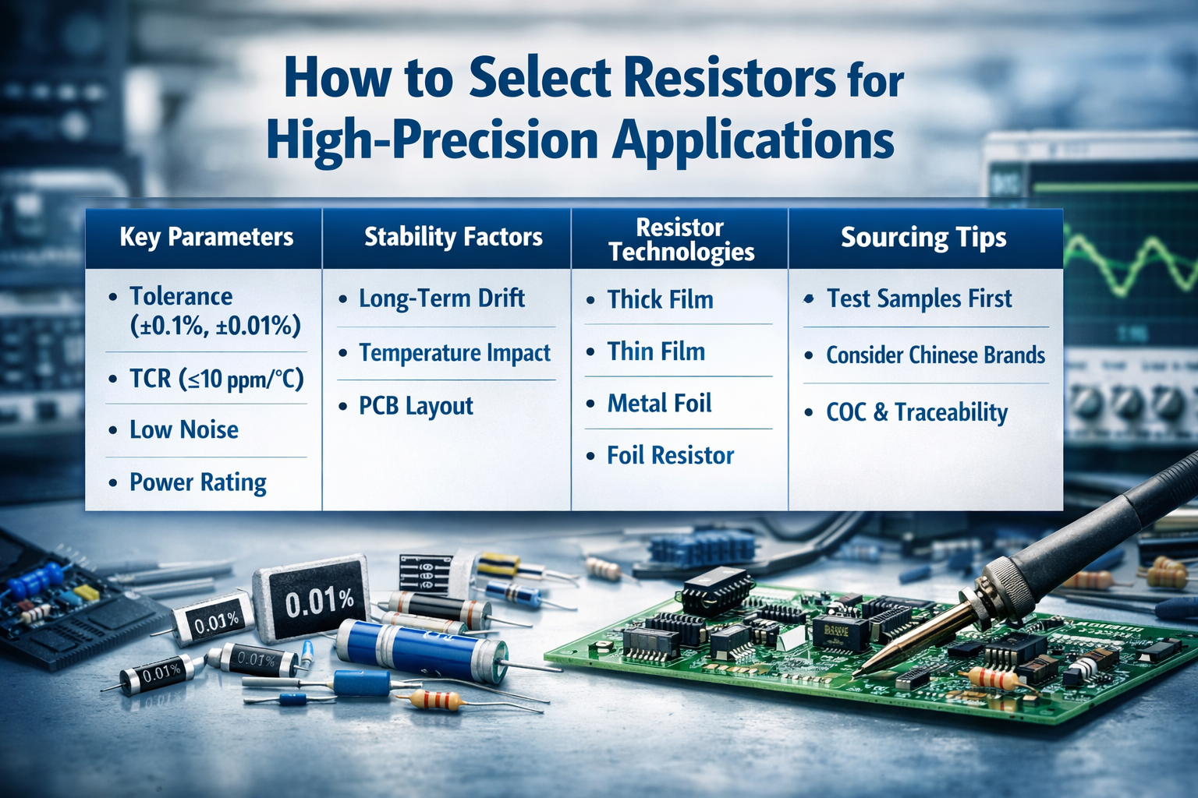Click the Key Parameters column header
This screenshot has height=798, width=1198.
pyautogui.click(x=206, y=237)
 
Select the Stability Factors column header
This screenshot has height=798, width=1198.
pyautogui.click(x=453, y=237)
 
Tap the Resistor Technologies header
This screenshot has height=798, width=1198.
pyautogui.click(x=681, y=239)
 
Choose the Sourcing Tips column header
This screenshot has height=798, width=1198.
pyautogui.click(x=923, y=237)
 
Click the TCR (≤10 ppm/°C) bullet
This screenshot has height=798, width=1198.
pyautogui.click(x=216, y=379)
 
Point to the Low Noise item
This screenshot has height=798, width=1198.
pyautogui.click(x=183, y=429)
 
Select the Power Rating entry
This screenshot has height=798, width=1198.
pyautogui.click(x=197, y=482)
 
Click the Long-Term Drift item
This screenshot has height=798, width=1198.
pyautogui.click(x=441, y=298)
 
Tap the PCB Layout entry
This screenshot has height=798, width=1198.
pyautogui.click(x=416, y=406)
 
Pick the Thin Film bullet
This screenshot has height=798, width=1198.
pyautogui.click(x=656, y=351)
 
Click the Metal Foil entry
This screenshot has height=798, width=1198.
pyautogui.click(x=659, y=404)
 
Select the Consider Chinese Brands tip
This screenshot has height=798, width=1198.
pyautogui.click(x=935, y=355)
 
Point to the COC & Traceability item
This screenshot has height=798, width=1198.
pyautogui.click(x=916, y=412)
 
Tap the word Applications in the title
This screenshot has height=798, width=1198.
pyautogui.click(x=753, y=140)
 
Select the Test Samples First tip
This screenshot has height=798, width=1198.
pyautogui.click(x=919, y=298)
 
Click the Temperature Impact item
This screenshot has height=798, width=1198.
pyautogui.click(x=455, y=353)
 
